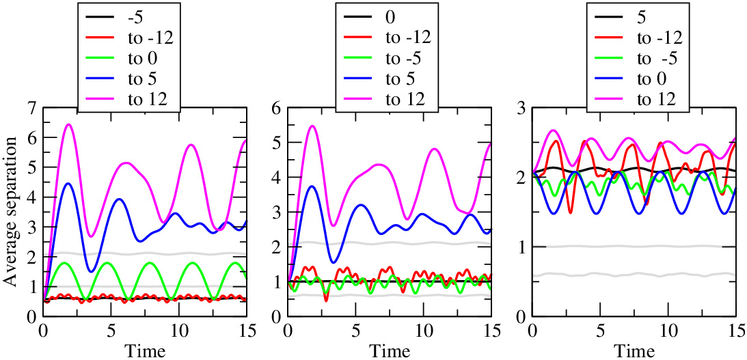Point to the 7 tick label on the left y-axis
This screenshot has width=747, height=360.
[32, 109]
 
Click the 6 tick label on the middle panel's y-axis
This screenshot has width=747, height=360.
[276, 109]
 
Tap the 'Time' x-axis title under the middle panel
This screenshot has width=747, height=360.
[389, 351]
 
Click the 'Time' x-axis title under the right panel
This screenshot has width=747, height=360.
[634, 351]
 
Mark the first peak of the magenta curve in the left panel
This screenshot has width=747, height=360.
[68, 125]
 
